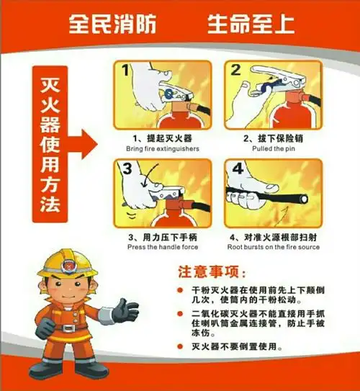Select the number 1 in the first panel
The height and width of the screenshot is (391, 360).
[125, 71]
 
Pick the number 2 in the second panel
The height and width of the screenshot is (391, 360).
[235, 71]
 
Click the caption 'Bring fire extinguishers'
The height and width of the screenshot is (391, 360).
[163, 148]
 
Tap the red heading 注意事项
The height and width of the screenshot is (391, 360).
[211, 272]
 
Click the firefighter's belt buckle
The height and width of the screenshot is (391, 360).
[68, 328]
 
